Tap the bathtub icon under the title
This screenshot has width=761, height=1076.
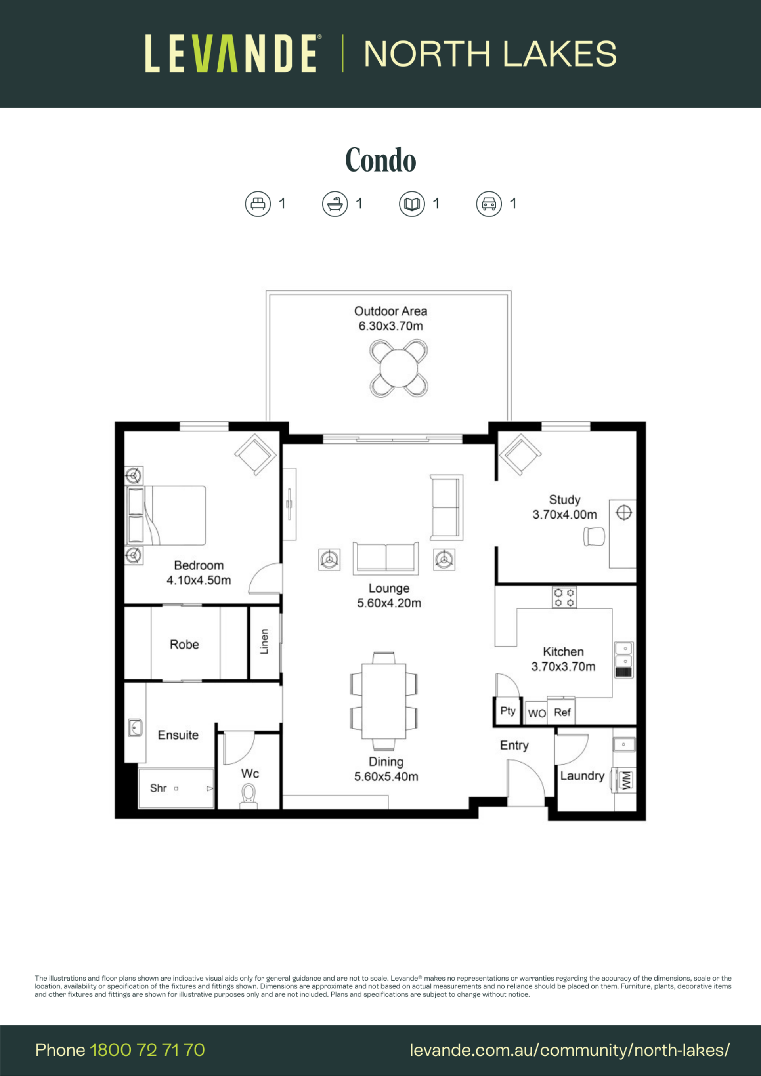tap(335, 204)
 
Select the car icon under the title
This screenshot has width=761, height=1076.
tap(489, 204)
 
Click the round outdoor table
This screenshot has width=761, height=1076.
tap(399, 368)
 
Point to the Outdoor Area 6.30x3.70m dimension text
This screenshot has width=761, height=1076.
tap(390, 319)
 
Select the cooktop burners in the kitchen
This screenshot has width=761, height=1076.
tap(564, 597)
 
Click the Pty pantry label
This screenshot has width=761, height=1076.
tap(508, 711)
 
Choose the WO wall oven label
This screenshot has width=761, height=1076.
tap(537, 713)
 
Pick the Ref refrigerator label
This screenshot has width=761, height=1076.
tap(562, 712)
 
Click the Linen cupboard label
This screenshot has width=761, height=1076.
tap(264, 641)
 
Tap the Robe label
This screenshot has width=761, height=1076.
tap(184, 645)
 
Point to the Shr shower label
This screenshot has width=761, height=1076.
tap(158, 788)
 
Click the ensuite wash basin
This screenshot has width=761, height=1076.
tap(136, 728)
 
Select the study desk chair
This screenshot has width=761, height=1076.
tap(594, 536)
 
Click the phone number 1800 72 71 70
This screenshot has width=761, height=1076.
tap(147, 1050)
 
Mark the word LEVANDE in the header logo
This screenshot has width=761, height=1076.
tap(231, 54)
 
